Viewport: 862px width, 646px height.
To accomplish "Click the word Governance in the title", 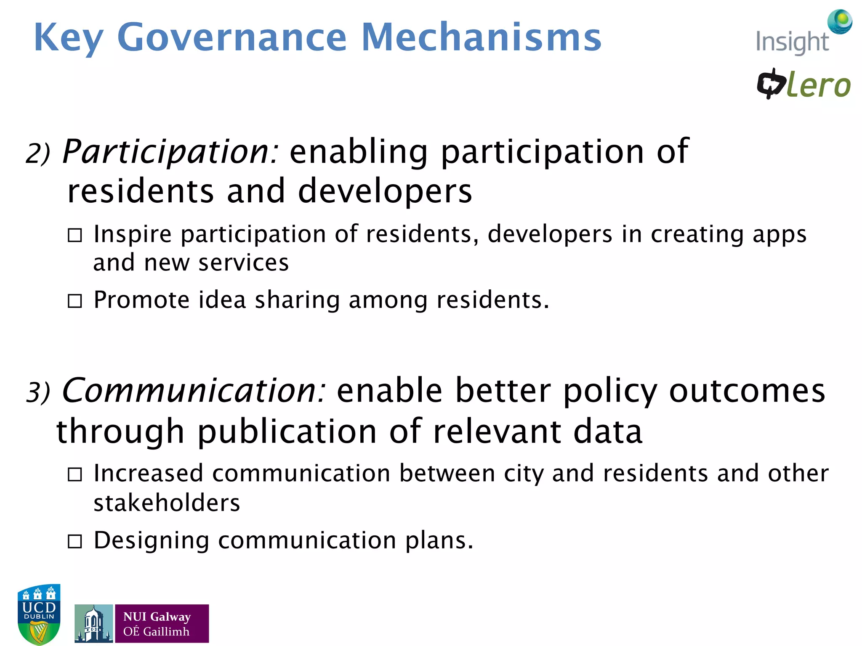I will (x=231, y=38).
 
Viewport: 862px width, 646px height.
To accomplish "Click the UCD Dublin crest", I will (x=39, y=614).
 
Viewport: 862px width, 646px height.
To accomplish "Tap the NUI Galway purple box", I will (x=162, y=624).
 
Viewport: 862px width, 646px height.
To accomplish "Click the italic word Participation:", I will (x=170, y=152).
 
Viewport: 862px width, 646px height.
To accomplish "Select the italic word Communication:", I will (x=194, y=391).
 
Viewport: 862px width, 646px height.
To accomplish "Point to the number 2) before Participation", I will (x=38, y=154).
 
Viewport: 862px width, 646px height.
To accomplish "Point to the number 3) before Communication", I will (x=38, y=392).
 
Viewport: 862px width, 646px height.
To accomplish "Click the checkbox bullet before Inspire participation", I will (x=75, y=235).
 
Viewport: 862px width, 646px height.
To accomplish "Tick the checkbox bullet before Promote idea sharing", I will (x=75, y=301).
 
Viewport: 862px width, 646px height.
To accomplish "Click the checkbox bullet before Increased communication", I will (x=75, y=475).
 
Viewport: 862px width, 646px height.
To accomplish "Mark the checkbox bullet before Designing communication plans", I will (x=75, y=542).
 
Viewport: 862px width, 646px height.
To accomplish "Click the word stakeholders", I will (x=167, y=503).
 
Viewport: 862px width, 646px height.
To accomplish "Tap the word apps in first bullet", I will (x=779, y=235).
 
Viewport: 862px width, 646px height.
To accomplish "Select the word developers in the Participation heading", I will (x=385, y=192).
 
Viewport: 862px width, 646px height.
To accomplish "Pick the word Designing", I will (x=151, y=541).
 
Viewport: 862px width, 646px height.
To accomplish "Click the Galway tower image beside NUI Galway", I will (x=93, y=624).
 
